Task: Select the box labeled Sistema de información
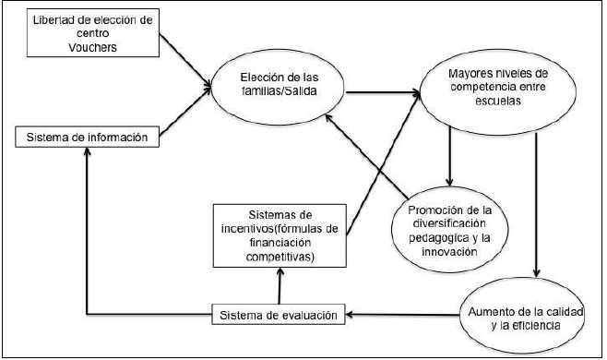88,138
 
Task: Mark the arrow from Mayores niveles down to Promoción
449,152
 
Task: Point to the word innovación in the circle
451,250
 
